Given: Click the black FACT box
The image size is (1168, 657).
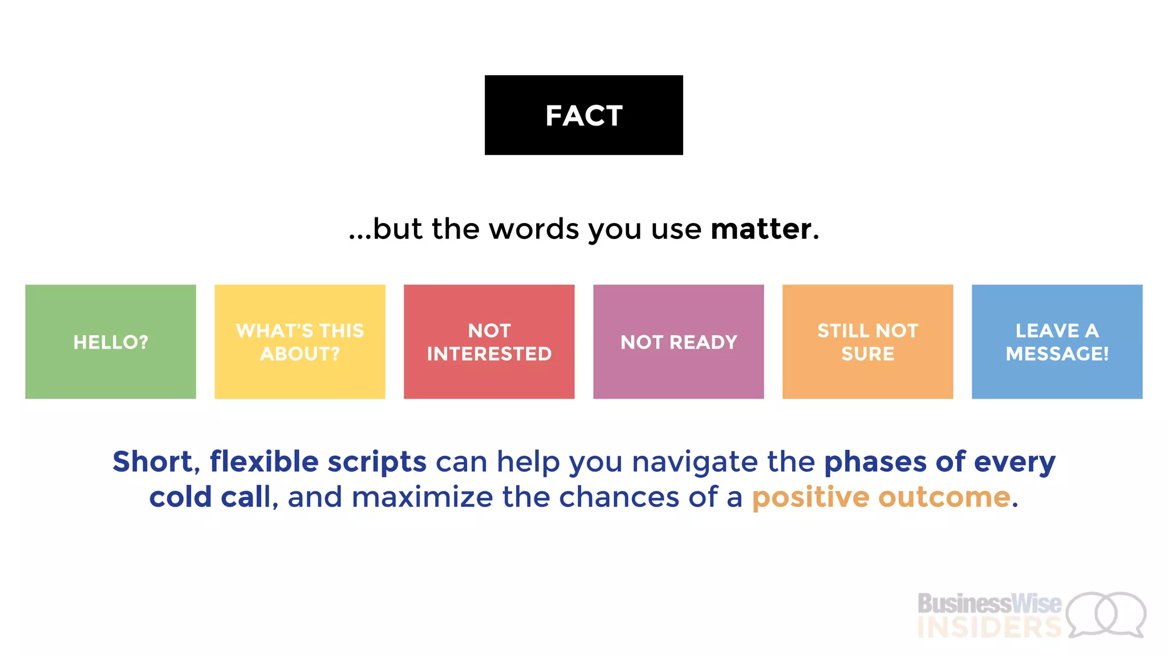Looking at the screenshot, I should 583,115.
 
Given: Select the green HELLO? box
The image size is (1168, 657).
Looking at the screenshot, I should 111,342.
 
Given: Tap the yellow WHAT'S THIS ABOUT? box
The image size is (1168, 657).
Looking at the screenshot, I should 299,342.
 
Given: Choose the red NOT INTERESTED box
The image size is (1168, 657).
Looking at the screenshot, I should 489,342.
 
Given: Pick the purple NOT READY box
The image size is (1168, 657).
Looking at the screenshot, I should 678,342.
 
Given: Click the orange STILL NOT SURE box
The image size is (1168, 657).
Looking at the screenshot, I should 867,342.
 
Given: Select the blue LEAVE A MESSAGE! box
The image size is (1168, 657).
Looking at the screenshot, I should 1057,342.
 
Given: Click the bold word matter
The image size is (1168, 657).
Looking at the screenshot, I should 761,229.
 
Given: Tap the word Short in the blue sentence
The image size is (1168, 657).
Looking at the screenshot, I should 152,461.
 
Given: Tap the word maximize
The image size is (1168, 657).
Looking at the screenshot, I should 422,497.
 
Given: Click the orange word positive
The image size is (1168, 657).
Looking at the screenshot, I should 810,498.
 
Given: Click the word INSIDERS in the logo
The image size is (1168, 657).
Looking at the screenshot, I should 989,628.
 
